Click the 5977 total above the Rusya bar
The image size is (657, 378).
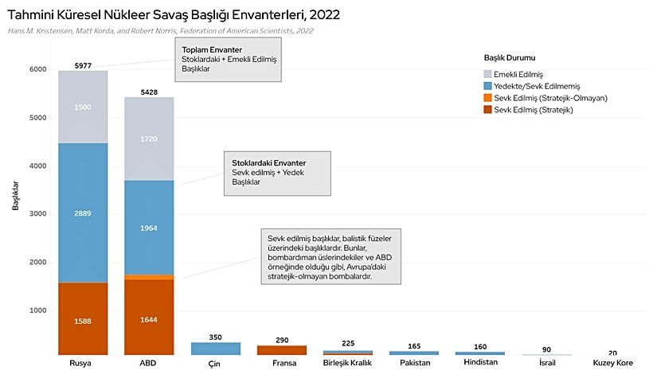point(83,64)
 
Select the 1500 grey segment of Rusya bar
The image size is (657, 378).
point(83,107)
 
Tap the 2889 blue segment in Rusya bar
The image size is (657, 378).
point(83,214)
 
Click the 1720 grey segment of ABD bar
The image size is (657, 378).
point(150,138)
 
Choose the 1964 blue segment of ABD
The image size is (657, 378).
point(150,228)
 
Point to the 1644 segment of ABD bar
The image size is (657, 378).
point(150,319)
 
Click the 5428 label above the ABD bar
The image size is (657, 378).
point(150,92)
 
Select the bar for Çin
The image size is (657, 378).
point(216,349)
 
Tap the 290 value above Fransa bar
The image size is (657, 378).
point(282,339)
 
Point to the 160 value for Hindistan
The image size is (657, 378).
point(479,346)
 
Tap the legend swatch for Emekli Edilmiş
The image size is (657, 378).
point(489,73)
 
